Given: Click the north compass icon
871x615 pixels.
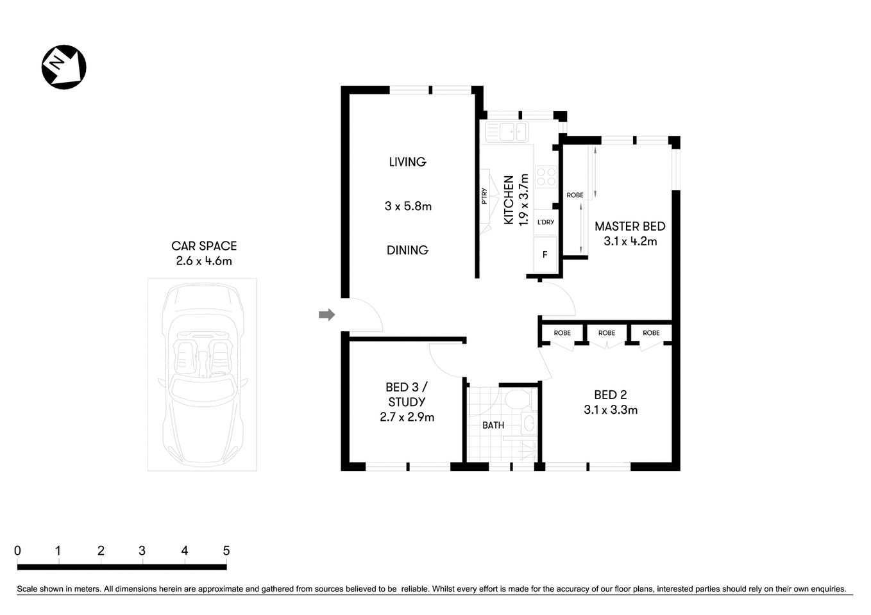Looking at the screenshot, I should click(63, 67).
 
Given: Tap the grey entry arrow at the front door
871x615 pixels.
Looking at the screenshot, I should click(327, 315).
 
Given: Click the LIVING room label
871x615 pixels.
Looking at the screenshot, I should click(407, 162).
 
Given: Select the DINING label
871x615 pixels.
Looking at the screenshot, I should click(407, 250).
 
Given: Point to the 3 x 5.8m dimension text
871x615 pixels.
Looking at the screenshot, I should click(408, 206).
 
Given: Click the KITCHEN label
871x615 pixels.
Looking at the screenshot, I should click(509, 200).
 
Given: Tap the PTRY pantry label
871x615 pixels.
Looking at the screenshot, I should click(484, 196).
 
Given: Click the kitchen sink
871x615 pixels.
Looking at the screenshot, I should click(506, 131).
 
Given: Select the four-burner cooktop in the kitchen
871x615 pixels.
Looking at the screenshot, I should click(546, 176).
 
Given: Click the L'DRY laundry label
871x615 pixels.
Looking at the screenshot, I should click(545, 222).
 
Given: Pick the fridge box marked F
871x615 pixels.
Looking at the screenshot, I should click(545, 254).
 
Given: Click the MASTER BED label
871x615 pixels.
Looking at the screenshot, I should click(630, 226).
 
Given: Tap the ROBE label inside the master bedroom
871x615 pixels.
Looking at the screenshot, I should click(575, 195).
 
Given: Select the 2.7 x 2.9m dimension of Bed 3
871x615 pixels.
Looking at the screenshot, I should click(407, 417).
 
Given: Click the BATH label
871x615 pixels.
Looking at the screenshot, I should click(493, 425).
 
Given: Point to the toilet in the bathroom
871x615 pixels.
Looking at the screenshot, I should click(516, 401).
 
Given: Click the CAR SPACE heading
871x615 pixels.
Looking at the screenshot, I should click(204, 246).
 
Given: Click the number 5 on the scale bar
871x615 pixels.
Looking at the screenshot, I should click(226, 551).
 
